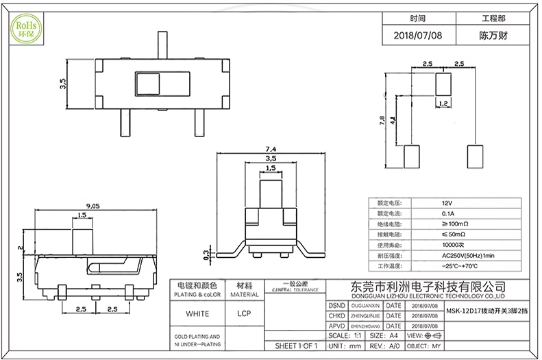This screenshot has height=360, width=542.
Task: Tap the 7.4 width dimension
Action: point(270,149)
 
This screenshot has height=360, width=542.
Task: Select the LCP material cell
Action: point(243,313)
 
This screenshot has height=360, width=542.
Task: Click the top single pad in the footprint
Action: point(443,84)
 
